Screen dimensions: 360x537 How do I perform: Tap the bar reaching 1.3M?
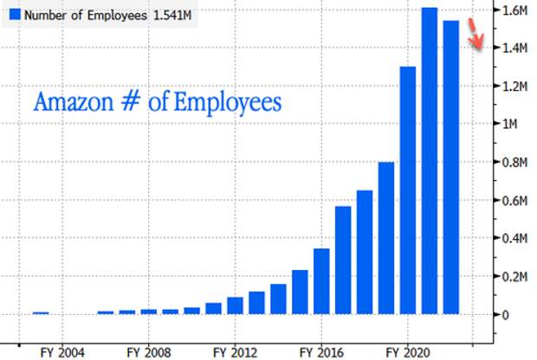pos(407,190)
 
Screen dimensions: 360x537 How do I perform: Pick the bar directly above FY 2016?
pos(321,281)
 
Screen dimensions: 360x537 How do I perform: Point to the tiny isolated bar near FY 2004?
pos(41,313)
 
